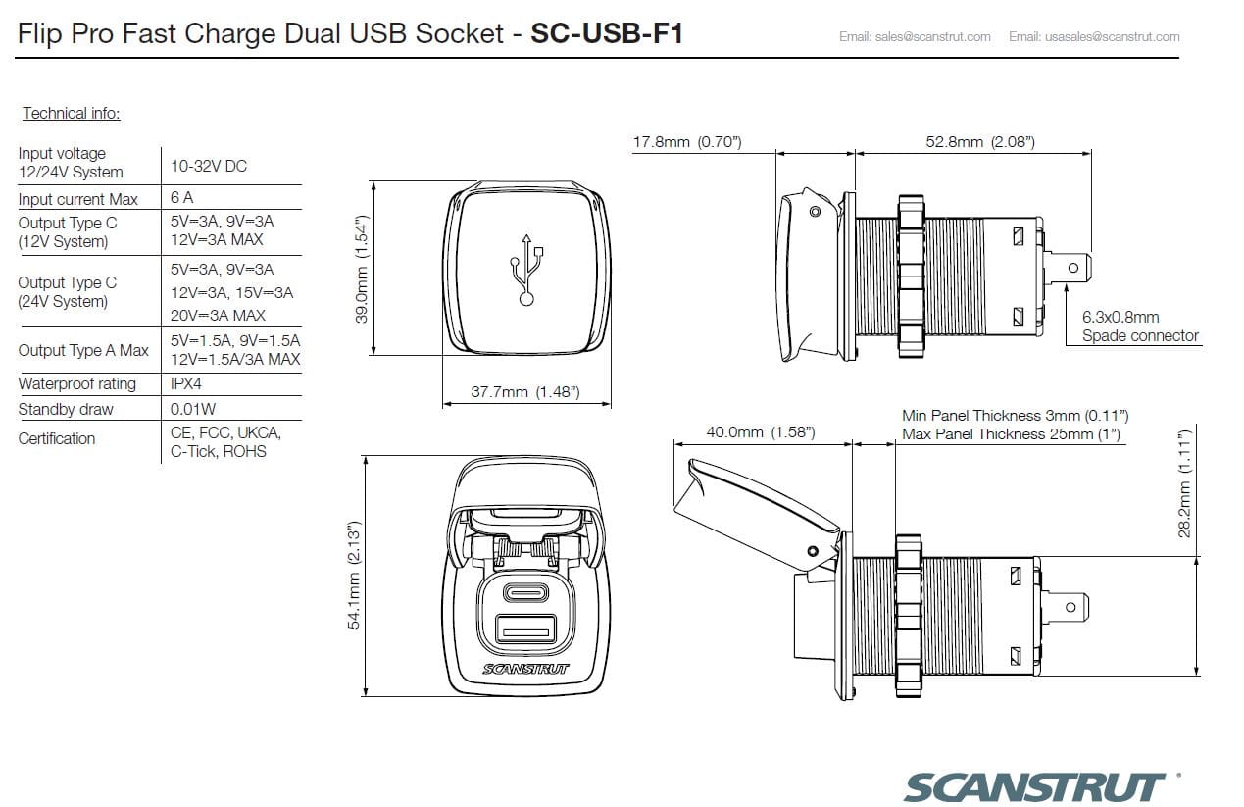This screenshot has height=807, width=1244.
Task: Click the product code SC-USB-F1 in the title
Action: coord(606,34)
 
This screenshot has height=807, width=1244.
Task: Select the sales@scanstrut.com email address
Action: coord(914,37)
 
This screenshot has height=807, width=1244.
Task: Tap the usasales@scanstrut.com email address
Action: coord(1094,37)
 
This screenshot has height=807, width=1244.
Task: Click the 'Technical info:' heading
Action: coord(71,113)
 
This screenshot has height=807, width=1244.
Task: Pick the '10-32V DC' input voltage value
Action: coord(209,166)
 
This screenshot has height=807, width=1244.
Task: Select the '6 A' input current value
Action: coord(181,198)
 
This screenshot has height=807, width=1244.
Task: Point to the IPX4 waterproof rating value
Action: coord(186,383)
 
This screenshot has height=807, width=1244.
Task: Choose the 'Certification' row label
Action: coord(57,438)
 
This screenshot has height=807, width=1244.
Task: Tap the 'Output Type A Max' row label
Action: coord(83,350)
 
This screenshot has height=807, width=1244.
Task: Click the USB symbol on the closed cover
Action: coord(526,268)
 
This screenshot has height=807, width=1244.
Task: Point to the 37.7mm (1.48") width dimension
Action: coord(525,392)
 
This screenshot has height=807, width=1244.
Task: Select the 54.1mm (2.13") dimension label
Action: coord(354,575)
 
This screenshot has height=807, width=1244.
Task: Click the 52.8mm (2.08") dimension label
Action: coord(979,142)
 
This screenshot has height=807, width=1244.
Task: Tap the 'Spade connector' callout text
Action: coord(1140,335)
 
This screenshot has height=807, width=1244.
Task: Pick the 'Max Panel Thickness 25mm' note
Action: coord(1010,433)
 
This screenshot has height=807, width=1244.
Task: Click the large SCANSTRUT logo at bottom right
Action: coord(1034,786)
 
